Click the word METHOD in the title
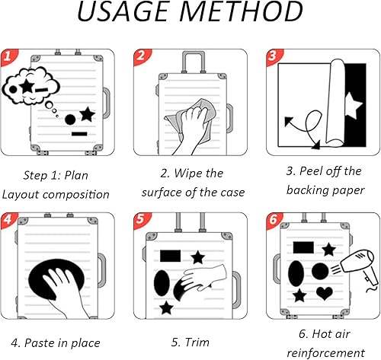(242, 11)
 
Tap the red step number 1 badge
(8, 56)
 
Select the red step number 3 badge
(274, 56)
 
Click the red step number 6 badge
(274, 220)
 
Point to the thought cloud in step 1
(30, 86)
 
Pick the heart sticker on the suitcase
(325, 293)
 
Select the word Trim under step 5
(197, 342)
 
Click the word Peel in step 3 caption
(312, 170)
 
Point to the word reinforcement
(326, 353)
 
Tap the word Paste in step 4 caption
(40, 342)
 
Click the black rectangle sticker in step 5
(171, 256)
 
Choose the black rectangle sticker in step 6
(303, 247)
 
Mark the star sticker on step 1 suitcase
(87, 114)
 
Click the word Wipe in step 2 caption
(189, 174)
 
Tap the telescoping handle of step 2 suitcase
(194, 62)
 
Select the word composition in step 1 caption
(76, 195)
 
